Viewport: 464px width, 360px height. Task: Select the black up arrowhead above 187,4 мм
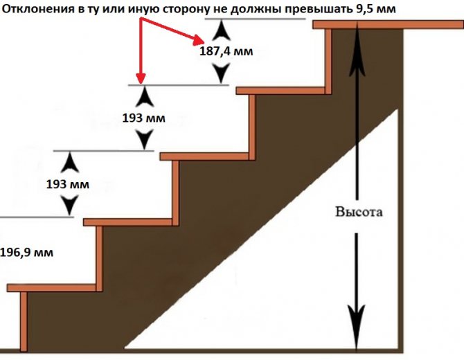tap(220, 29)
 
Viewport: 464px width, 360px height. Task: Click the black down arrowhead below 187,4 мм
tap(220, 72)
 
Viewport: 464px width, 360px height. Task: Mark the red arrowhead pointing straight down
tap(140, 78)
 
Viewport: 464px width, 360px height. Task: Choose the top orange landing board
tap(387, 25)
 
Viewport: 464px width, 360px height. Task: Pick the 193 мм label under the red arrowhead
tap(143, 118)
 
